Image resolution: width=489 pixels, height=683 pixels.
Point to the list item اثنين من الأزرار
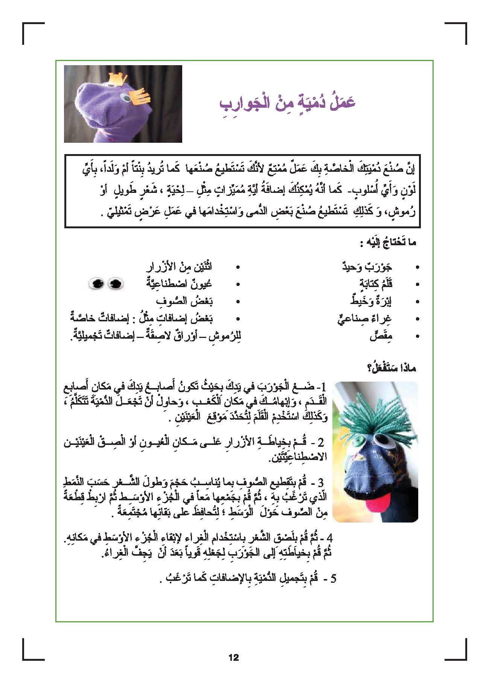click(179, 267)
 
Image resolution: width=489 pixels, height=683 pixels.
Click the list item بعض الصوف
click(184, 301)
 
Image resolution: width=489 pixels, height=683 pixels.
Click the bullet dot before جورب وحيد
click(417, 267)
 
